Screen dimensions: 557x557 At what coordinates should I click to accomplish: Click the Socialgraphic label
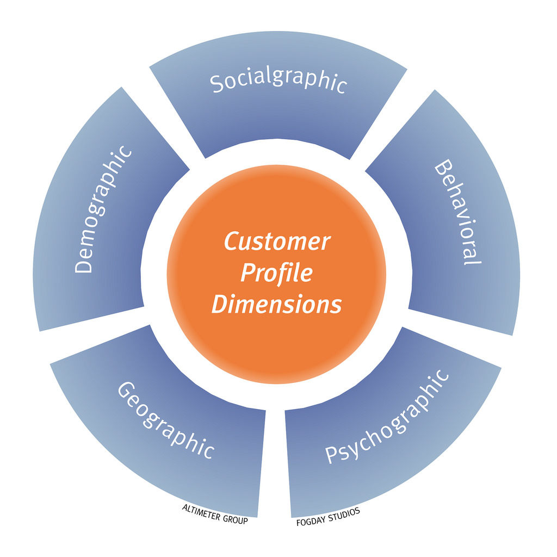(278, 83)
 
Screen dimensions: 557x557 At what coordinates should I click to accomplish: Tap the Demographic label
(103, 209)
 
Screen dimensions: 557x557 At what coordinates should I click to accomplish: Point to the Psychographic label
(387, 417)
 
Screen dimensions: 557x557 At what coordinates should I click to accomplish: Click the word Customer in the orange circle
(277, 242)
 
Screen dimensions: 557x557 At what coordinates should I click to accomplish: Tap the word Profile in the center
(276, 273)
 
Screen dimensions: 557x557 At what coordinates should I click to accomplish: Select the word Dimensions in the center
(276, 304)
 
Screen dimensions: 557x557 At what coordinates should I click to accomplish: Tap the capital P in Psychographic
(332, 455)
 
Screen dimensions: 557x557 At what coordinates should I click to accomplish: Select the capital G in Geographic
(127, 390)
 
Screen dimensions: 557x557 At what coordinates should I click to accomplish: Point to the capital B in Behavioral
(443, 169)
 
